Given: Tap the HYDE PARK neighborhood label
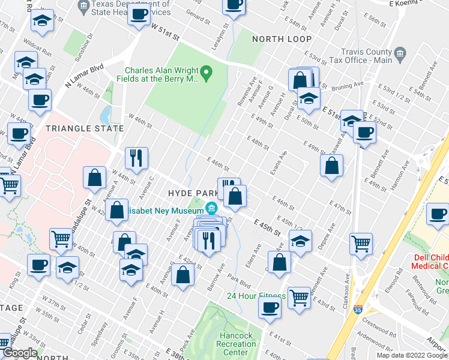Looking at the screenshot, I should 190,193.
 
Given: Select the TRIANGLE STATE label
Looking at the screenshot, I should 80,128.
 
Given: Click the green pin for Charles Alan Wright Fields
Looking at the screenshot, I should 207,74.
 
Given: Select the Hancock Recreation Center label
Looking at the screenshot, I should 237,344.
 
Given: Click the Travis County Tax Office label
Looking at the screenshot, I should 366,56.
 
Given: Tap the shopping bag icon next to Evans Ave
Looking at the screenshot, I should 331,164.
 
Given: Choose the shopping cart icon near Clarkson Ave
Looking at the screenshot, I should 361,243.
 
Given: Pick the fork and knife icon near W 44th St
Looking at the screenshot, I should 136,158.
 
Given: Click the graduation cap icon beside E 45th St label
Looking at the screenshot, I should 300,241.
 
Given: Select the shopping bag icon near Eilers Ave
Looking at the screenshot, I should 279,261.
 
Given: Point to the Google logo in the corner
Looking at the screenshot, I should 19,353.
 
